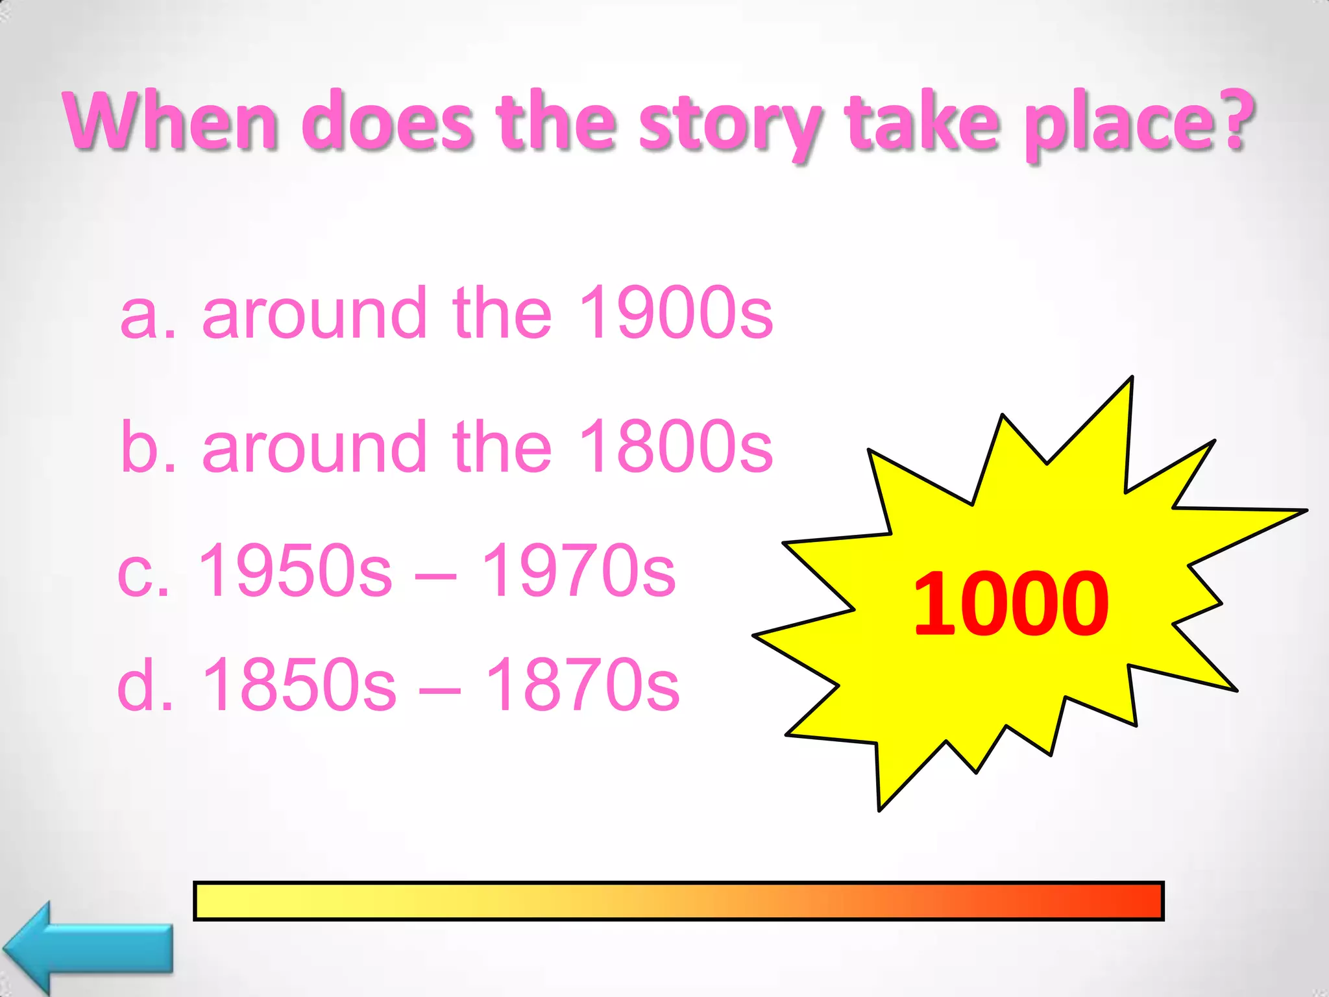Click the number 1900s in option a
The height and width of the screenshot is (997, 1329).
(675, 313)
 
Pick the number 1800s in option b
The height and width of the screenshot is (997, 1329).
(675, 447)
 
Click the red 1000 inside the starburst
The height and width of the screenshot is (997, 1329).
(1010, 604)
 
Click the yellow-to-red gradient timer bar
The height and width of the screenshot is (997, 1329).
(678, 901)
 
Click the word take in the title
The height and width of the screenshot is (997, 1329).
(924, 121)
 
